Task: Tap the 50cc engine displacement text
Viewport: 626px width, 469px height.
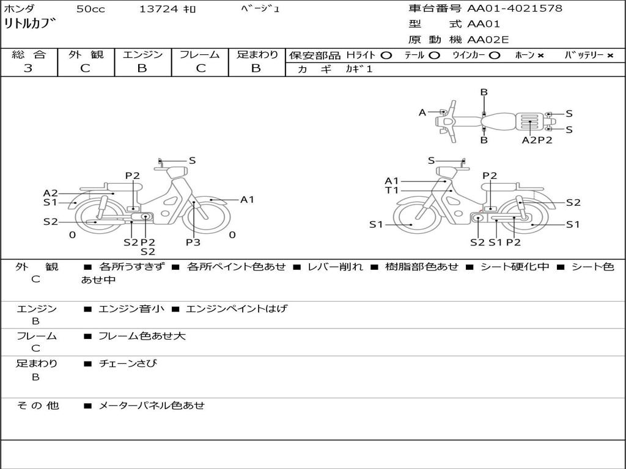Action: [x=90, y=9]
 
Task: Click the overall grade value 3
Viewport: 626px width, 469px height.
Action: [x=28, y=68]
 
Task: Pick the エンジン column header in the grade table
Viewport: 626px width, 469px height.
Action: [x=142, y=55]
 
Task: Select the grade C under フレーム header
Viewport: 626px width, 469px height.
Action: [x=200, y=68]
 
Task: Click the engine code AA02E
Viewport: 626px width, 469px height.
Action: [x=488, y=40]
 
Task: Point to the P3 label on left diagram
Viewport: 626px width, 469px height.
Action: [x=193, y=242]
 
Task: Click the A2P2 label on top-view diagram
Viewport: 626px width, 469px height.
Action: [x=537, y=140]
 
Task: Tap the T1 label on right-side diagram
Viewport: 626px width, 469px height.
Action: [x=392, y=191]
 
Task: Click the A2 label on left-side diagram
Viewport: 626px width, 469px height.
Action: [x=50, y=193]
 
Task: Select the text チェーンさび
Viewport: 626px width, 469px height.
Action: [x=128, y=363]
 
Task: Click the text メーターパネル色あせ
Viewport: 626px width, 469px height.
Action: [x=152, y=405]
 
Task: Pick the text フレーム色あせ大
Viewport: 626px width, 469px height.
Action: [x=142, y=336]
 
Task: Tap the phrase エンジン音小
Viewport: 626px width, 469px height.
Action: [x=131, y=309]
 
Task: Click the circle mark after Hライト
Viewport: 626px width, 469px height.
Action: [x=386, y=55]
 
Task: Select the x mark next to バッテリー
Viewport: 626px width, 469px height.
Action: [x=610, y=56]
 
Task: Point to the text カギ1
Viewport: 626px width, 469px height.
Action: [x=359, y=69]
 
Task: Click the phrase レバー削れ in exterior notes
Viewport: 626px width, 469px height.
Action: [x=335, y=267]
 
